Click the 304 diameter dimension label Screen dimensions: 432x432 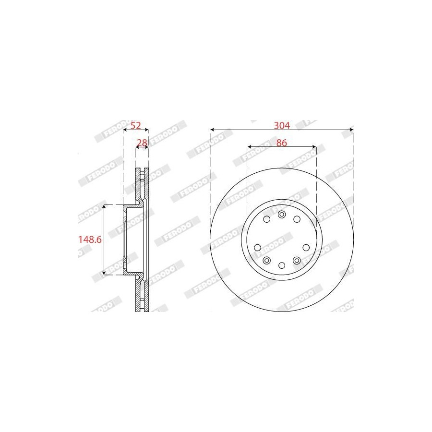pos(282,126)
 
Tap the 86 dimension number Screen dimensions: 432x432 pos(282,143)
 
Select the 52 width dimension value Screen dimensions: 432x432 pos(135,126)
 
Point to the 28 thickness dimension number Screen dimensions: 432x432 pos(142,143)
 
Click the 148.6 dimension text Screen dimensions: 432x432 pos(90,240)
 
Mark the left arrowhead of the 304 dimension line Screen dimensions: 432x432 pos(212,129)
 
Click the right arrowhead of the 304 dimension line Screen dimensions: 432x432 pos(351,129)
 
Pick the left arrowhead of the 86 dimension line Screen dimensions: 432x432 pos(249,146)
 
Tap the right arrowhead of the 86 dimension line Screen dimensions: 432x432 pos(314,146)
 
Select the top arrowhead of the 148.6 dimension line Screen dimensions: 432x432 pos(104,207)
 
